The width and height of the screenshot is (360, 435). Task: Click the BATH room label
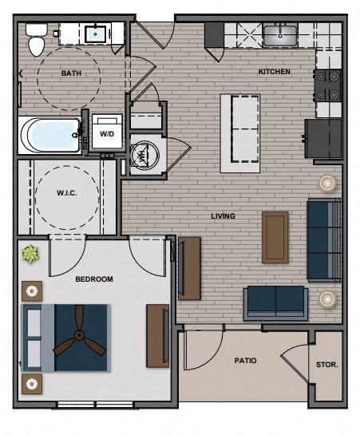point(71,73)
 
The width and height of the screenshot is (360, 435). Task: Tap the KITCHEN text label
point(274,72)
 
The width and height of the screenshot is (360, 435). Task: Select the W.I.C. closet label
point(65,192)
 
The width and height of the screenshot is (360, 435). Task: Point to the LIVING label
point(223,216)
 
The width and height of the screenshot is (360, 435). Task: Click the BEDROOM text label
point(93,279)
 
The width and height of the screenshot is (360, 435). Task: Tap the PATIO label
point(245,361)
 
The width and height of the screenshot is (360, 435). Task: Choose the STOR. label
point(326,365)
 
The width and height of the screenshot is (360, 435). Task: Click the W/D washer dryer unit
point(106,133)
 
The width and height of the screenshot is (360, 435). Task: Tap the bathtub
point(49,135)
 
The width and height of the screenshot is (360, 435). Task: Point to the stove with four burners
point(328,85)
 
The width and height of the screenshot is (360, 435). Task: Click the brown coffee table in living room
point(275,236)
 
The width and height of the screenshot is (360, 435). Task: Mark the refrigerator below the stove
point(322,138)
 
